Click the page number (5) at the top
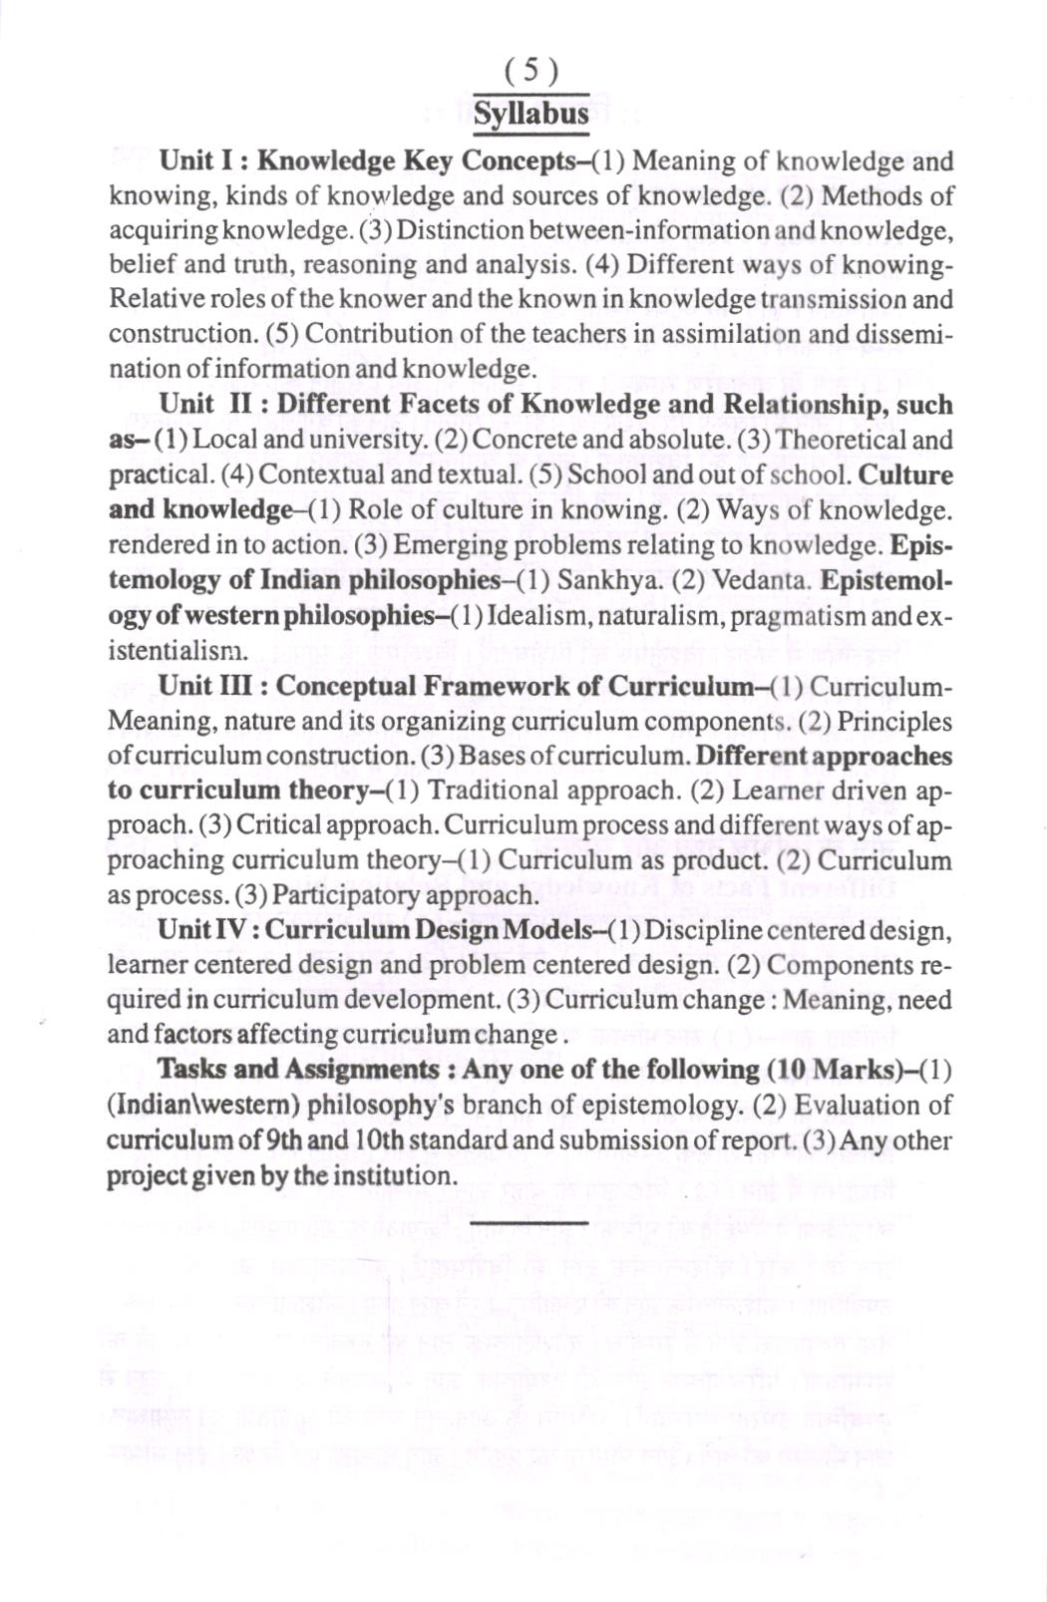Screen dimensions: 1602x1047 point(530,70)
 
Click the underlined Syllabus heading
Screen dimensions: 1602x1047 point(530,113)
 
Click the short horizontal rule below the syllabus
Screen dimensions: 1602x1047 point(528,1220)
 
